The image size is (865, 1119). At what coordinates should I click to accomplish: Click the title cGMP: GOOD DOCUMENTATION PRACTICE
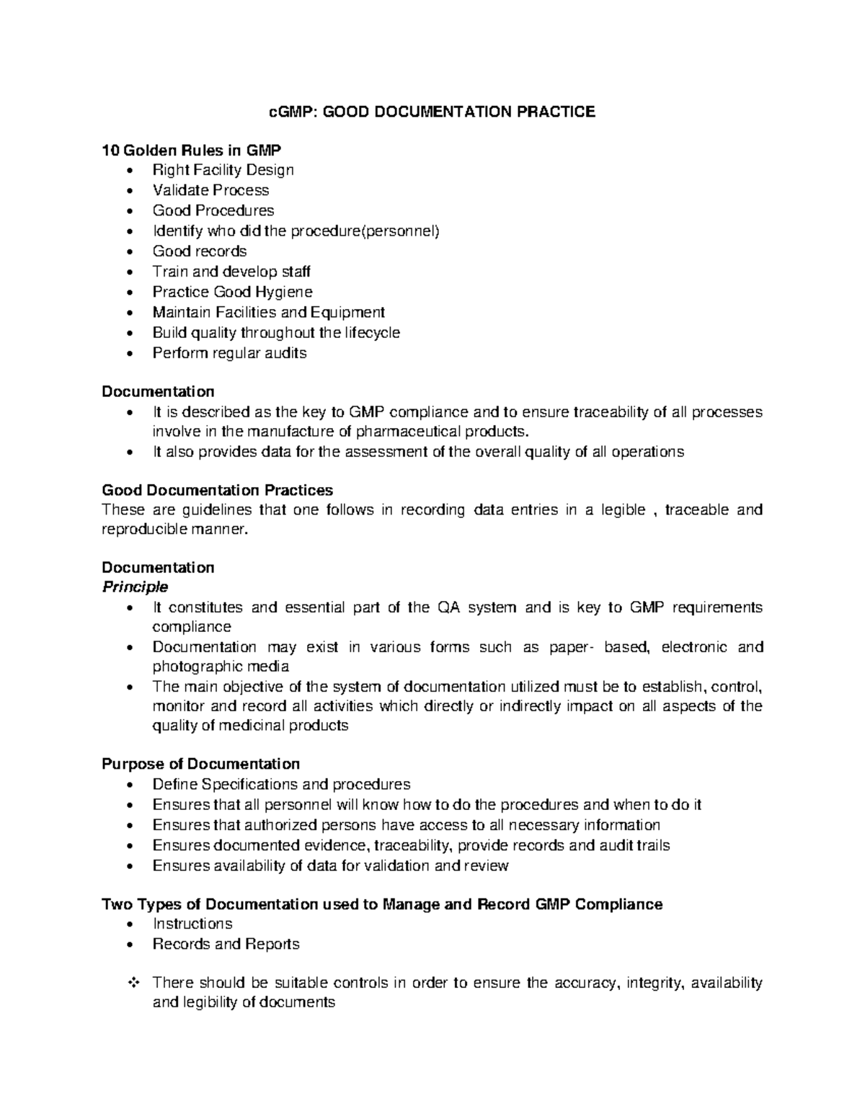pos(432,112)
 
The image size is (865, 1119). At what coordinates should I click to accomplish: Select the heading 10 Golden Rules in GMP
pos(191,151)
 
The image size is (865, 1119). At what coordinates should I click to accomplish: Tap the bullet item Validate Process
pos(210,190)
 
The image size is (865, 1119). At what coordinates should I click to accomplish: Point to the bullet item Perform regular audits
pos(229,353)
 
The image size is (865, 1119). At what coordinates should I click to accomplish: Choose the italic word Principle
pos(135,587)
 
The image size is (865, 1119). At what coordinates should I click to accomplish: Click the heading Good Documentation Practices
pos(217,490)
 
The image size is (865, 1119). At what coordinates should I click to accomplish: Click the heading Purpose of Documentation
pos(200,764)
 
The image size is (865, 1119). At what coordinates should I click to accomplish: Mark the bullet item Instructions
pos(192,924)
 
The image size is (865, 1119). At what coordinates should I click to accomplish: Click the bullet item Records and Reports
pos(226,944)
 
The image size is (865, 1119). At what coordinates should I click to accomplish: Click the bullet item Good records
pos(200,251)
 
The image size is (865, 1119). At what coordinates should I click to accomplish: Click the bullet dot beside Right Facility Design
pos(129,171)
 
